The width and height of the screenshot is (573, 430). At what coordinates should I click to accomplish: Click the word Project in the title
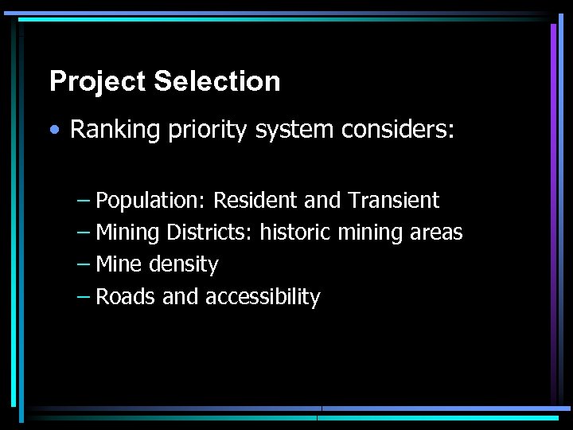pos(98,82)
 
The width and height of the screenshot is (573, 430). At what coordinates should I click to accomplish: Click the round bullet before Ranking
pos(58,130)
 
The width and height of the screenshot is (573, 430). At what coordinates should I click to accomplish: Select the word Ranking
pos(115,131)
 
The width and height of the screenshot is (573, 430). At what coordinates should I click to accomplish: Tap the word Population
pos(151,201)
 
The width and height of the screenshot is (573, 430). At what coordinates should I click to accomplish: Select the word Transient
pos(395,200)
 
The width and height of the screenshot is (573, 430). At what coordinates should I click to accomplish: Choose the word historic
pos(296,233)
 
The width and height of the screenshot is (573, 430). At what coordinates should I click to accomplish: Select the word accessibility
pos(263,297)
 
